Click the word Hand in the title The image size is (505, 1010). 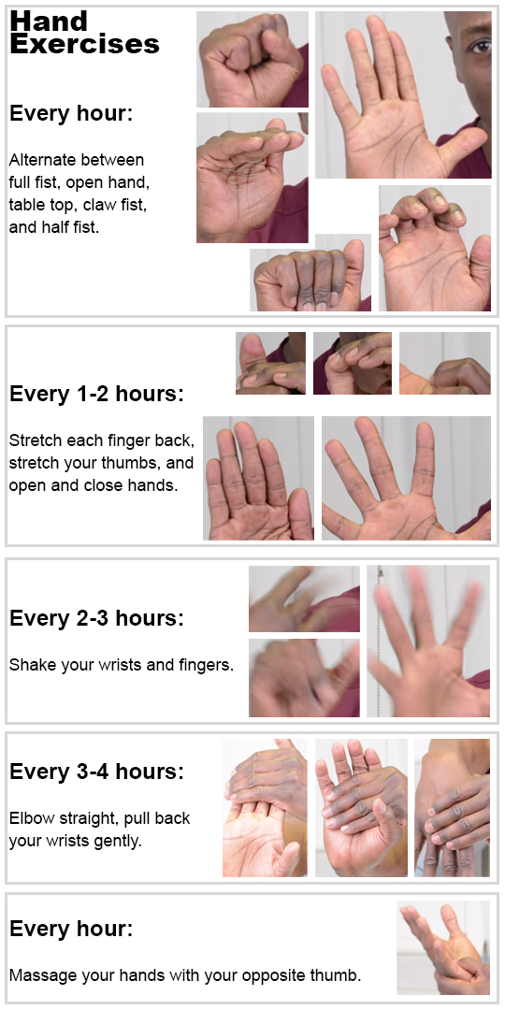click(x=49, y=22)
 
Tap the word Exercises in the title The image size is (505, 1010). click(x=84, y=44)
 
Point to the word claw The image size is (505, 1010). click(x=99, y=204)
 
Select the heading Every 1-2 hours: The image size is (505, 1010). click(x=96, y=395)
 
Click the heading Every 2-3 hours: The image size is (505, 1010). click(x=96, y=618)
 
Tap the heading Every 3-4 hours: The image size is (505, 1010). click(x=96, y=771)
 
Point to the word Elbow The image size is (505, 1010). click(x=30, y=818)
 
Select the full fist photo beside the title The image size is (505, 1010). click(x=252, y=59)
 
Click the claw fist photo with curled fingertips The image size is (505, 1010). click(x=435, y=249)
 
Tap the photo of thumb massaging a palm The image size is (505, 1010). click(x=443, y=947)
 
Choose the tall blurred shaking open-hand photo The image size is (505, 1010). click(x=428, y=642)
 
